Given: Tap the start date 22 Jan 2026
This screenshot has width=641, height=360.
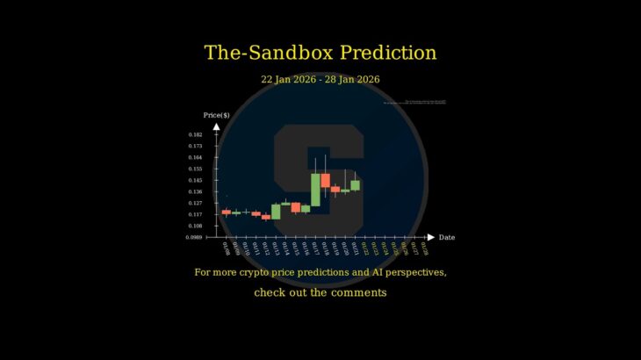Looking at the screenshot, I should (289, 79).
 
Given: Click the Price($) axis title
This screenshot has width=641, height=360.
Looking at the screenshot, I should (217, 115).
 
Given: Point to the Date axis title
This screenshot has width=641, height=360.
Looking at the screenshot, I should (447, 237).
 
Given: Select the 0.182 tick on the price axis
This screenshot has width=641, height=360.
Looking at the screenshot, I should (195, 134).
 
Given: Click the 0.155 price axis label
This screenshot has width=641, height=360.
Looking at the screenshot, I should (195, 169).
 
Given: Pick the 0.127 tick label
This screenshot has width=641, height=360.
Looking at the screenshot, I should (195, 203).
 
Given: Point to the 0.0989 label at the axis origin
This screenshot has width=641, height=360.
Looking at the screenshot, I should (194, 237).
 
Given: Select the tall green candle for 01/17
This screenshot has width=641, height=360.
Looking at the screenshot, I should (315, 189).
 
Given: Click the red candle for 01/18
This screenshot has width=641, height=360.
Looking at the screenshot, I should (325, 180).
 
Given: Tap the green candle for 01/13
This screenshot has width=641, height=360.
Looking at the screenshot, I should (276, 212).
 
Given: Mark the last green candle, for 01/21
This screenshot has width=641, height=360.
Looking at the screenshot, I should (355, 185).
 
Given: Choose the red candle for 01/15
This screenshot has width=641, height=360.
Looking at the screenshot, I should (296, 207).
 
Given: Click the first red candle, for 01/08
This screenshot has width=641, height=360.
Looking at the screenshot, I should (226, 212).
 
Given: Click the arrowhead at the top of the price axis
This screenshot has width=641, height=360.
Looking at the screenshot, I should (217, 126).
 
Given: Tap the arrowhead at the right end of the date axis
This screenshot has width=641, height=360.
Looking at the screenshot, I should (430, 237).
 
